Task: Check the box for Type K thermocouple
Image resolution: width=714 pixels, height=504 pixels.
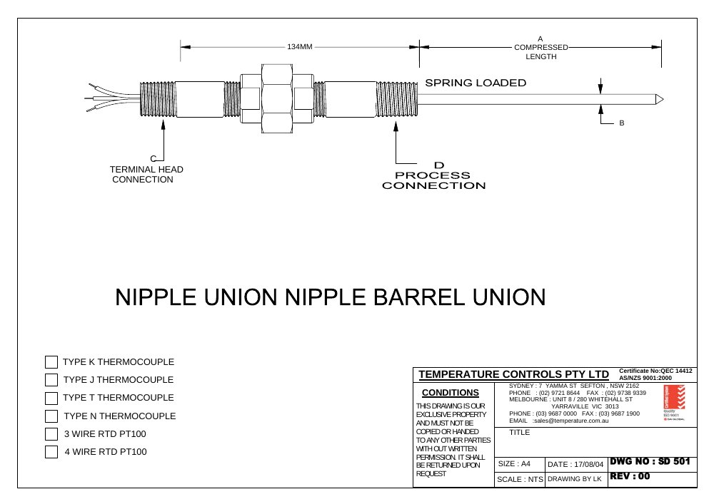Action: tap(51, 362)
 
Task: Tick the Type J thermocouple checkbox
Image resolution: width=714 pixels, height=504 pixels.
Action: tap(51, 380)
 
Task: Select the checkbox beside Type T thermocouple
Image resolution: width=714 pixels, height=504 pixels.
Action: tap(51, 398)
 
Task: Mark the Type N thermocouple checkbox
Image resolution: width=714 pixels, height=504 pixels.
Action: tap(51, 416)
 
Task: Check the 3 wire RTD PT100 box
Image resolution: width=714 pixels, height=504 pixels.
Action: tap(51, 434)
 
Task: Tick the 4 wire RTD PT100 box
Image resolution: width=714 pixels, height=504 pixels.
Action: tap(51, 452)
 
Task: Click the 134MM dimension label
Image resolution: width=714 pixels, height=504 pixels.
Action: tap(300, 47)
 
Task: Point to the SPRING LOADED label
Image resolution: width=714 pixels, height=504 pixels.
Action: tap(476, 83)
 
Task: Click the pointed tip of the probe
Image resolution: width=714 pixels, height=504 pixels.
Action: tap(663, 99)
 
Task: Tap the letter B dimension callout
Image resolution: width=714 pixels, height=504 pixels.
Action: tap(622, 123)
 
